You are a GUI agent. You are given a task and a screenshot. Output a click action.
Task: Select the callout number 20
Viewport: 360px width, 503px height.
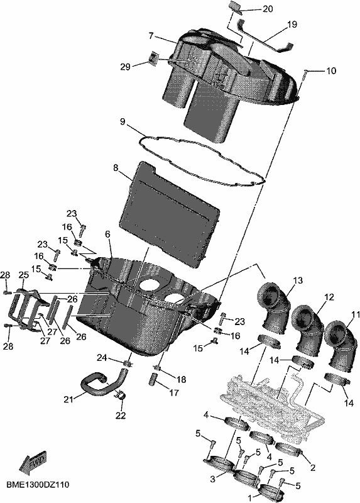[x=268, y=9]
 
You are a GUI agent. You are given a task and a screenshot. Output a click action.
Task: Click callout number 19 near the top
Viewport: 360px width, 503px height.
[x=292, y=25]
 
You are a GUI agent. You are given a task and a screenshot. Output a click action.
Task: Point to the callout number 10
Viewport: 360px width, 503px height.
[x=331, y=70]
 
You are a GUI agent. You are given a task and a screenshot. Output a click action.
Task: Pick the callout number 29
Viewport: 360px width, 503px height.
[x=126, y=67]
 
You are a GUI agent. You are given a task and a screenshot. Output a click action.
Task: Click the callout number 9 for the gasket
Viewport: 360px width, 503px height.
[x=123, y=122]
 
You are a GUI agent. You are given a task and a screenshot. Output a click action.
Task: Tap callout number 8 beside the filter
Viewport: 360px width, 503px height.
[x=116, y=168]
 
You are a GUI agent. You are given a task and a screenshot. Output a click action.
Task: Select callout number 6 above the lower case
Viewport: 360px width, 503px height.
[x=107, y=235]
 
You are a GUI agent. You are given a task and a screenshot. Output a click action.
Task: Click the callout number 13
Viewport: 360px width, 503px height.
[x=298, y=280]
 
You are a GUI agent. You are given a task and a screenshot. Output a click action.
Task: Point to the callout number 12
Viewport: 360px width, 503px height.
[x=329, y=297]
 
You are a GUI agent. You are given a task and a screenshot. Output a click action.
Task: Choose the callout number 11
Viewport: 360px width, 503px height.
[x=356, y=316]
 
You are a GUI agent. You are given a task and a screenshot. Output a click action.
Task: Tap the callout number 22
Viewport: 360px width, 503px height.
[x=121, y=416]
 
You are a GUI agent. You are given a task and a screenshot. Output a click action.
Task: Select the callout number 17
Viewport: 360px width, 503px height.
[x=174, y=392]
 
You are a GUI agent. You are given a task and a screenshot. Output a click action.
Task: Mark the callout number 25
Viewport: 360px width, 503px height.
[x=23, y=275]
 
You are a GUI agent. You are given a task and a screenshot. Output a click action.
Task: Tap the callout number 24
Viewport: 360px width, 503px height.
[x=102, y=358]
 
